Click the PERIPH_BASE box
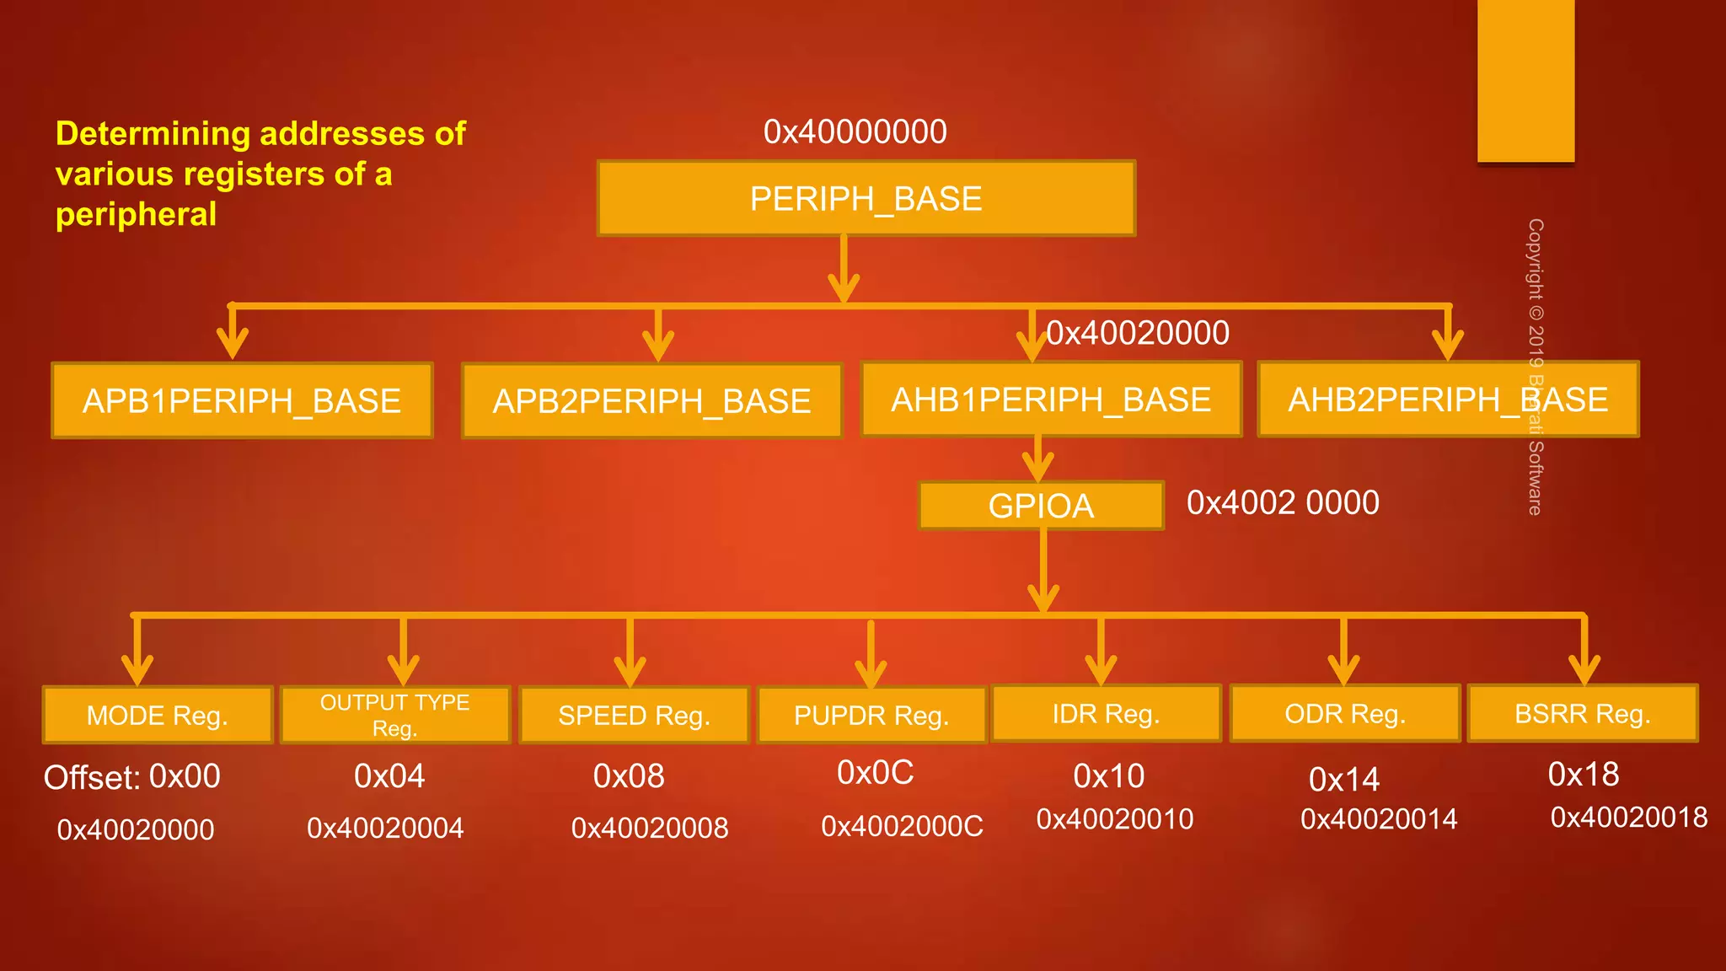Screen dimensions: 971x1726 point(866,198)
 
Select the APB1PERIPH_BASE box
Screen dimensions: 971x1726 point(242,400)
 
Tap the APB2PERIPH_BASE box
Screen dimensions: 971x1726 point(651,400)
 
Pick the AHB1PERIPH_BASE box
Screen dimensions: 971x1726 point(1051,400)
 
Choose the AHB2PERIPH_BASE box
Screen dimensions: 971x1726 point(1448,400)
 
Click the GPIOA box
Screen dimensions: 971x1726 point(1041,506)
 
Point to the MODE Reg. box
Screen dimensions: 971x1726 point(158,715)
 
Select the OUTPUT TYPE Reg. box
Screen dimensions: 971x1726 point(394,715)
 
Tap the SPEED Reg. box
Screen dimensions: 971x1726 point(634,715)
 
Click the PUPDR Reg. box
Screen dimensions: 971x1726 point(871,715)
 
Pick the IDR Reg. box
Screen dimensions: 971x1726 point(1106,713)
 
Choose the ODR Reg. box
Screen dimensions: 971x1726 point(1345,713)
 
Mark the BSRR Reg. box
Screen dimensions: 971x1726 point(1583,713)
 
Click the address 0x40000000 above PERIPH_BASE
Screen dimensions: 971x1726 point(855,131)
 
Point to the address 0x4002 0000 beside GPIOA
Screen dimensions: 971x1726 point(1283,502)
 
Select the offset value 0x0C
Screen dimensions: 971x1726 point(875,772)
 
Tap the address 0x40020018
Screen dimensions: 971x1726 point(1628,817)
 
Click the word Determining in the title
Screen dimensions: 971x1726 point(153,133)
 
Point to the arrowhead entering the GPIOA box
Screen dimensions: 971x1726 point(1038,466)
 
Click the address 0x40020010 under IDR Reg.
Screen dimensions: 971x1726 point(1114,818)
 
